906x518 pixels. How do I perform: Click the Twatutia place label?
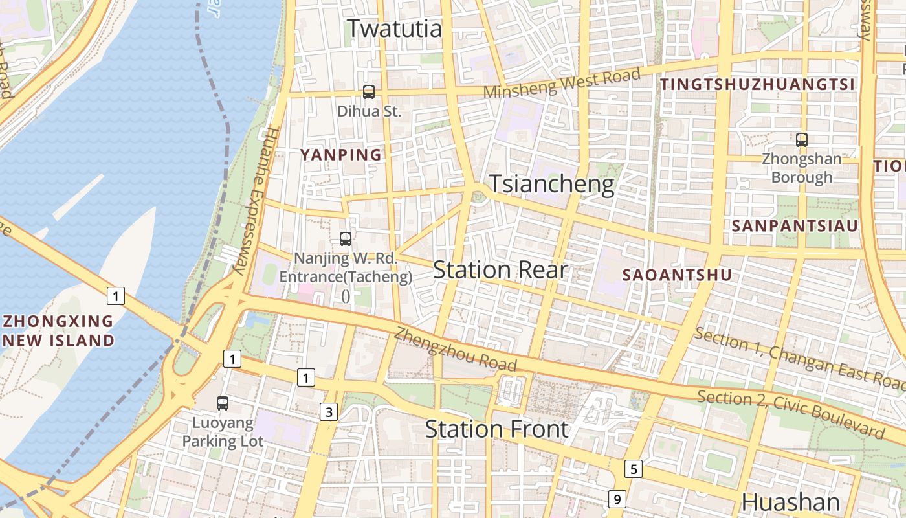[395, 28]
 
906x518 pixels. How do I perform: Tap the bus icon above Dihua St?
[369, 92]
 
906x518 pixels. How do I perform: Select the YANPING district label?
[341, 155]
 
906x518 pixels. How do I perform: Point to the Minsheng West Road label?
[562, 84]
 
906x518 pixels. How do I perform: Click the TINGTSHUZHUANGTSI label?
[757, 84]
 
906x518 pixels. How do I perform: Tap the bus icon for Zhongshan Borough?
[802, 139]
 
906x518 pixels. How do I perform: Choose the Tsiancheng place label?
[551, 185]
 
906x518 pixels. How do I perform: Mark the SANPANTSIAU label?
[795, 226]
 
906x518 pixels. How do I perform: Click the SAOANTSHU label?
[677, 275]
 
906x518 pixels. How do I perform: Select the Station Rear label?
[500, 270]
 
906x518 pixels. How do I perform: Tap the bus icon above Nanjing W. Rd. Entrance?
[346, 239]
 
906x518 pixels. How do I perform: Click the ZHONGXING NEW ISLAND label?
[58, 331]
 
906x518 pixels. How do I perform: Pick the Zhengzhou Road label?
[456, 350]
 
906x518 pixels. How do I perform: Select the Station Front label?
[496, 429]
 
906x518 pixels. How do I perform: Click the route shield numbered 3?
[329, 411]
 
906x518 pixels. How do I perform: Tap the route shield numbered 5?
[634, 469]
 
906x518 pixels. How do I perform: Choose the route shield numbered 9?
[617, 499]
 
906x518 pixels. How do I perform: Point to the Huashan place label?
[790, 502]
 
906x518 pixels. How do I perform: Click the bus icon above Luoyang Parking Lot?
[223, 403]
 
